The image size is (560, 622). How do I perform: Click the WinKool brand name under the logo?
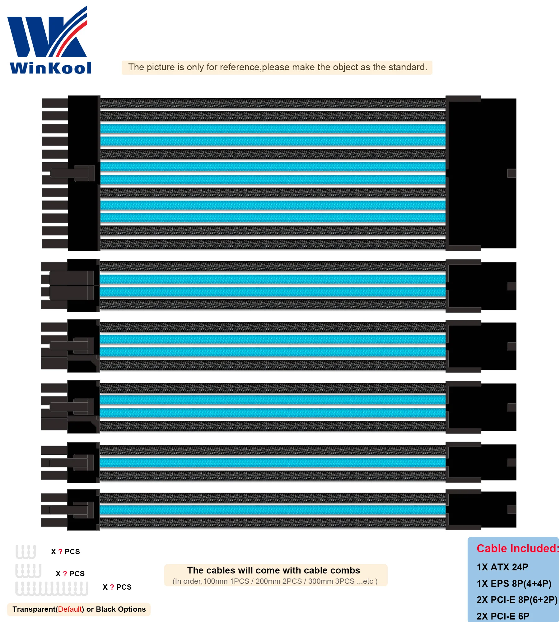(51, 68)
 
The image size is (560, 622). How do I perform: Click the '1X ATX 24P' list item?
(502, 567)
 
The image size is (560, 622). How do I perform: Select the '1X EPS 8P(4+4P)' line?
(514, 583)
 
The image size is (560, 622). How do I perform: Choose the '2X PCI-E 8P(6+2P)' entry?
(517, 600)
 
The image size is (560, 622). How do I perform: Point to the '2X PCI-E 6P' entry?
(503, 616)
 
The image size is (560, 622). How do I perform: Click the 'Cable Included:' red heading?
(518, 548)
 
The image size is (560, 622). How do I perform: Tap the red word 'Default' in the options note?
(70, 609)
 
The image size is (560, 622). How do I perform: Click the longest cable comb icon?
(52, 588)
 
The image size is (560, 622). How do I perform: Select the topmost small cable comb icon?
(26, 551)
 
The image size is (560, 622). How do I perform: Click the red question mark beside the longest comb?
(112, 587)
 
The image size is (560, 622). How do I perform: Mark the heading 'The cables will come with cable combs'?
(273, 570)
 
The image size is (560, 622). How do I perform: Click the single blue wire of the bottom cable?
(273, 510)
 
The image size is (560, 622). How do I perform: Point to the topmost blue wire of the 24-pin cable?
(273, 128)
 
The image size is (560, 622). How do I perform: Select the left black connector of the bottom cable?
(83, 510)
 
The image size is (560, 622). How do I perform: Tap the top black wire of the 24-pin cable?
(273, 103)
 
